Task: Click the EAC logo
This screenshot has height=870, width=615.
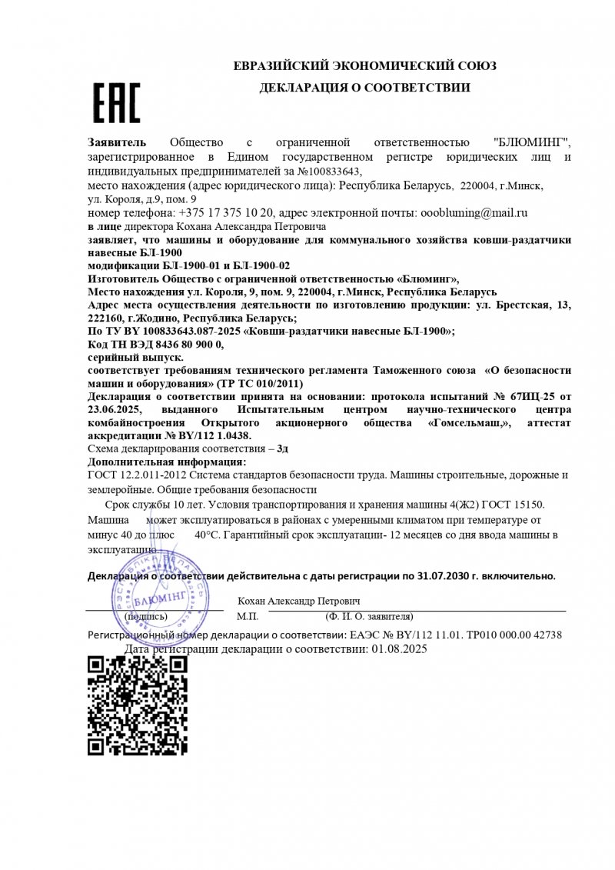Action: click(117, 103)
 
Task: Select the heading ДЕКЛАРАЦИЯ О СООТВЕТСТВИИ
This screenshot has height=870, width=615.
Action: click(364, 88)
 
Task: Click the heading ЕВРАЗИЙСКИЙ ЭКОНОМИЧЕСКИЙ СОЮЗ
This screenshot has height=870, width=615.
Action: click(364, 66)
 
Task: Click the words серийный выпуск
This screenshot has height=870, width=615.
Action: click(136, 358)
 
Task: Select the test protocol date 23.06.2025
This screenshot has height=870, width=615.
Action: click(115, 410)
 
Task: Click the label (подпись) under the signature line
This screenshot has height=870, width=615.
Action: click(145, 616)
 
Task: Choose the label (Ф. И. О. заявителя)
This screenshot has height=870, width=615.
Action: click(369, 616)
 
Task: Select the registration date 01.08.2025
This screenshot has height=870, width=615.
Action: click(398, 649)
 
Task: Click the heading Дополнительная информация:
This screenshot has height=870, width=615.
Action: click(167, 462)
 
